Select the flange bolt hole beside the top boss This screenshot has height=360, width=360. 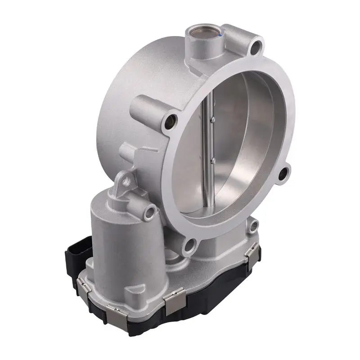point(257,46)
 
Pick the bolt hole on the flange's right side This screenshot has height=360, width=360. point(283,174)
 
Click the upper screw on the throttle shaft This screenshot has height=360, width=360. point(211,119)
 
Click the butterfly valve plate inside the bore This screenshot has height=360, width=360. point(238,148)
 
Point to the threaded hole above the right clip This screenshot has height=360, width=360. point(254,225)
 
